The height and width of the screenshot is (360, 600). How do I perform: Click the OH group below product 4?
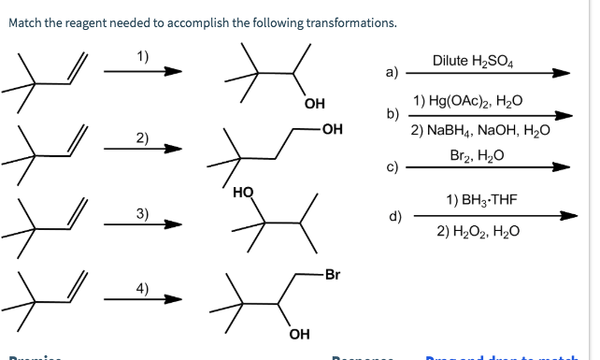(x=299, y=334)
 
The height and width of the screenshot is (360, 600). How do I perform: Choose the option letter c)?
(x=393, y=168)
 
